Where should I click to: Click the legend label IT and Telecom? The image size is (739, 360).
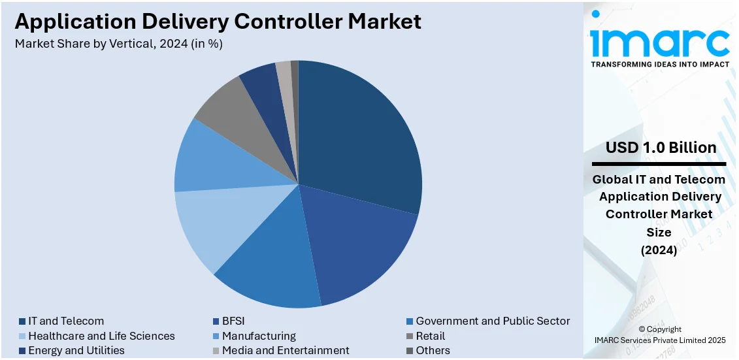(65, 321)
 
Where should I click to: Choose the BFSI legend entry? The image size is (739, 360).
(233, 321)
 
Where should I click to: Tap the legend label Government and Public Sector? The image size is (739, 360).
(493, 321)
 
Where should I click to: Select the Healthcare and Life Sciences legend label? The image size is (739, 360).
(101, 336)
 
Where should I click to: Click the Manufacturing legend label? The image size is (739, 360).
(259, 336)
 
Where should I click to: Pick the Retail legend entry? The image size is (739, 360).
(430, 336)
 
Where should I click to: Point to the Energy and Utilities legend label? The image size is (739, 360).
(76, 350)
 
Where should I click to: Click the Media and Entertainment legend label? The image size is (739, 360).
(286, 350)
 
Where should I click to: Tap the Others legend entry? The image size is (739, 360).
(433, 350)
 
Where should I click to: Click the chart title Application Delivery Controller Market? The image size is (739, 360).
(218, 21)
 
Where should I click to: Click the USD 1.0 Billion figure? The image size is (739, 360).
(661, 148)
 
